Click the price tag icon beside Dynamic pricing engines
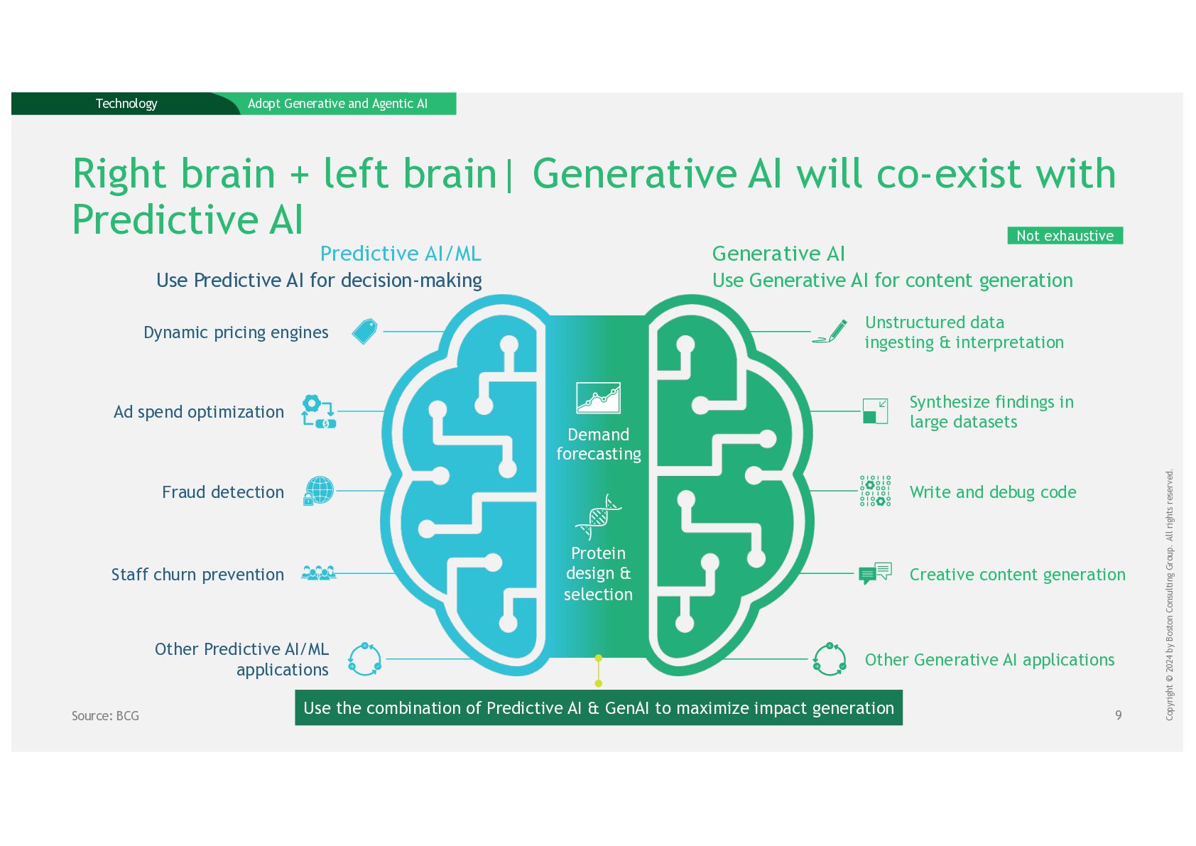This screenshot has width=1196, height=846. [x=364, y=332]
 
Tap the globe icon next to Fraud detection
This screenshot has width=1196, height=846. [x=319, y=491]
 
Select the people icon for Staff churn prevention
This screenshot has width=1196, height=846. [x=318, y=573]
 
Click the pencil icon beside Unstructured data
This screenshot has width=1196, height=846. [x=831, y=332]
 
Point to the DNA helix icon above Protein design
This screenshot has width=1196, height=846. [x=598, y=517]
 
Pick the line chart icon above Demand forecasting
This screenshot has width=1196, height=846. [x=598, y=398]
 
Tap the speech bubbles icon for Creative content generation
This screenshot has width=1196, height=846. [x=875, y=573]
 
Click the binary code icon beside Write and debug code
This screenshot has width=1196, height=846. [x=875, y=491]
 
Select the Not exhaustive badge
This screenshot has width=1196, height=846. [x=1065, y=236]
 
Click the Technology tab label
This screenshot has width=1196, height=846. [x=126, y=104]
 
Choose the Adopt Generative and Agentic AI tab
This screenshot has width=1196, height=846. [x=337, y=104]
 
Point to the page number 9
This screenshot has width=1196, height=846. [x=1118, y=715]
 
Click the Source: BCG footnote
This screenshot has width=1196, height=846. [x=105, y=716]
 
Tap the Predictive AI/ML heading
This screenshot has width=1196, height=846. [x=401, y=254]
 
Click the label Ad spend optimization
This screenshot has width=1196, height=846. [x=199, y=412]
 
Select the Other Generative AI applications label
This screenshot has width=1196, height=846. [x=989, y=660]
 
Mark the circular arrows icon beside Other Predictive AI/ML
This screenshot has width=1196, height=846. [x=364, y=659]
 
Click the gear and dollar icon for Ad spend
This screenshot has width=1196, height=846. [x=318, y=411]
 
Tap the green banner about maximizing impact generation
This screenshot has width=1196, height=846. [x=598, y=707]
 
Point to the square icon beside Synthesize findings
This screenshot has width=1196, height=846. [x=875, y=411]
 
